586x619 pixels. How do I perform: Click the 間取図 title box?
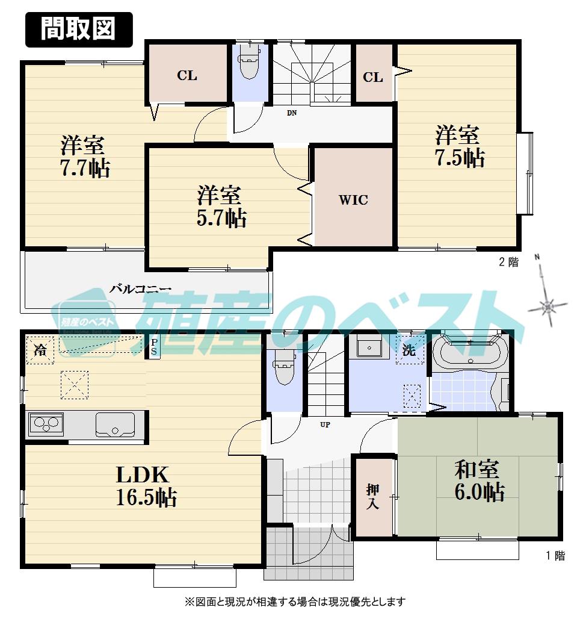pyautogui.click(x=78, y=28)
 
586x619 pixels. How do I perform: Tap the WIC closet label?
pyautogui.click(x=353, y=201)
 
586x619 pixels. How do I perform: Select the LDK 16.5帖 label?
pyautogui.click(x=146, y=485)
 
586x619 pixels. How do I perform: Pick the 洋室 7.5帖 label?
pyautogui.click(x=460, y=146)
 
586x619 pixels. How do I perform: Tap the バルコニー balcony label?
pyautogui.click(x=141, y=288)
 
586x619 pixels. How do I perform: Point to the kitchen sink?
pyautogui.click(x=115, y=425)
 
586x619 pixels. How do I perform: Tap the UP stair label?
pyautogui.click(x=325, y=425)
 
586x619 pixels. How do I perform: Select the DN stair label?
pyautogui.click(x=291, y=113)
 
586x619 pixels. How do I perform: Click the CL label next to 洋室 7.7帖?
pyautogui.click(x=187, y=76)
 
